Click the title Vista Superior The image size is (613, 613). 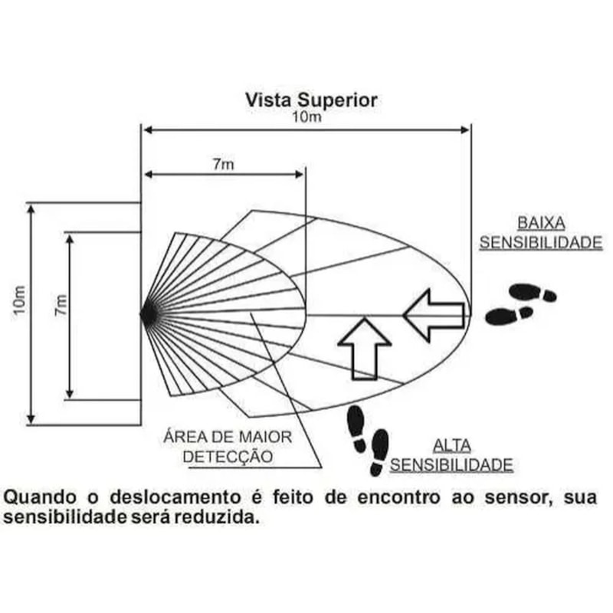pyautogui.click(x=311, y=100)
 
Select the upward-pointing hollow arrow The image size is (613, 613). pyautogui.click(x=365, y=349)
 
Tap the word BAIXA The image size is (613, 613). pyautogui.click(x=541, y=223)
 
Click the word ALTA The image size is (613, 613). pyautogui.click(x=452, y=445)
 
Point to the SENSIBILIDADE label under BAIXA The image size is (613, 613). pyautogui.click(x=541, y=242)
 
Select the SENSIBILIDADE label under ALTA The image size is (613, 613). pyautogui.click(x=451, y=464)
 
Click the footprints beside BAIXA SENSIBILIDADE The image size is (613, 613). pyautogui.click(x=521, y=303)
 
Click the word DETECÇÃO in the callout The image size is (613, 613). pyautogui.click(x=228, y=457)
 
